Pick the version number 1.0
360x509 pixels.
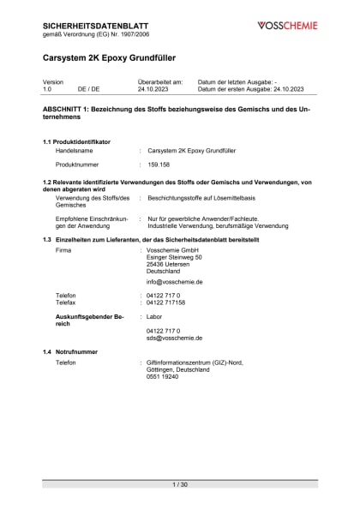tap(47, 88)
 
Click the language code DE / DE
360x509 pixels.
tap(88, 88)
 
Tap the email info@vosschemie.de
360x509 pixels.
tap(174, 281)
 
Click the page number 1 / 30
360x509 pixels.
tap(180, 485)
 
